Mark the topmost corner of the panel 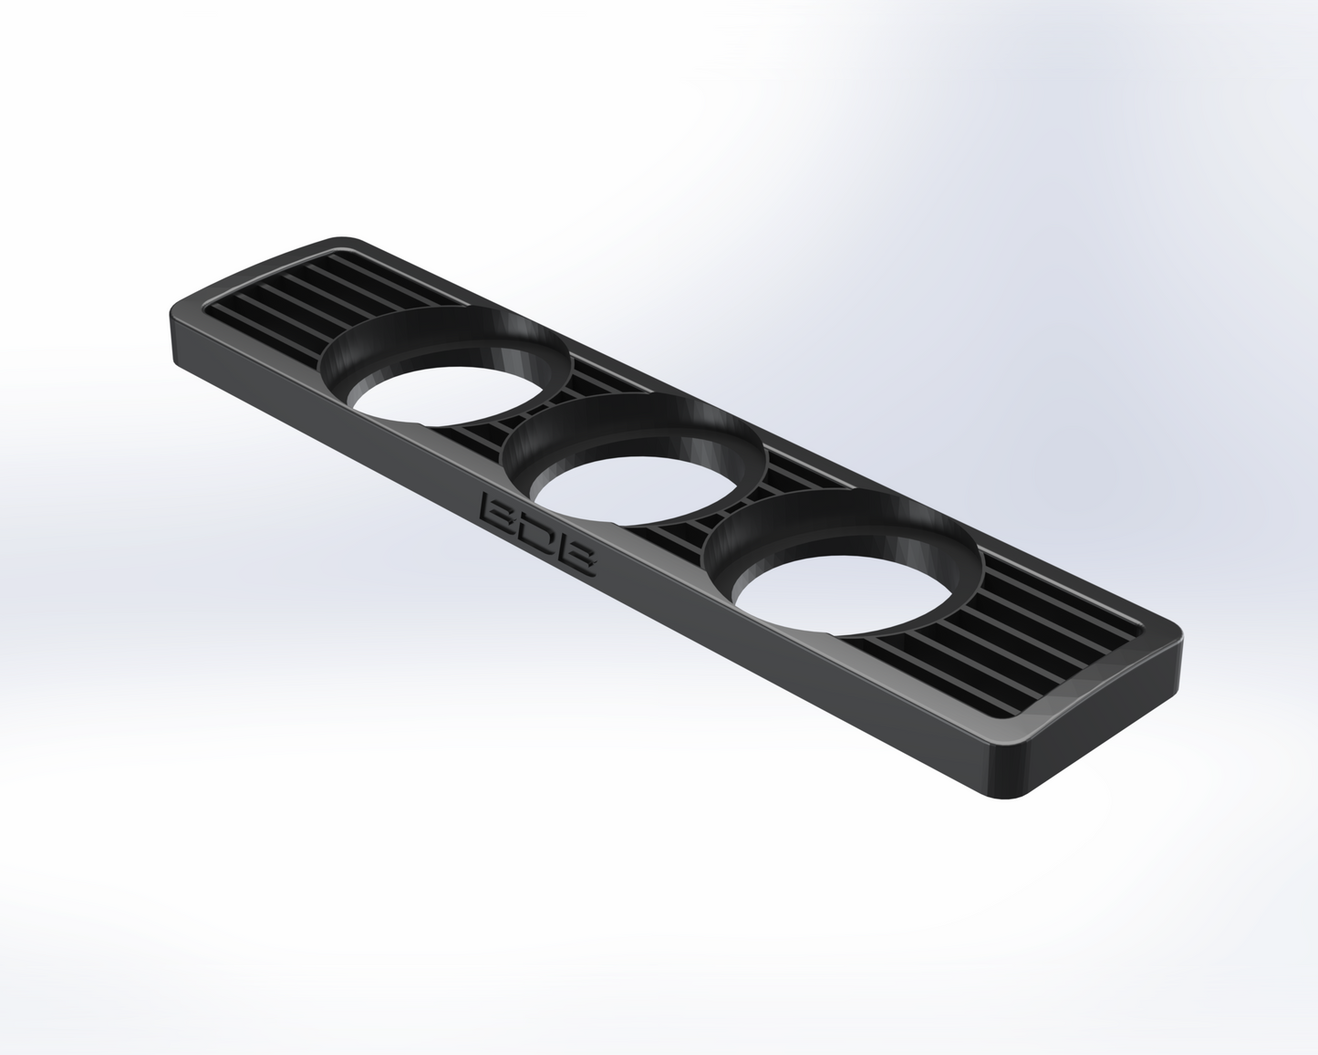(x=347, y=239)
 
